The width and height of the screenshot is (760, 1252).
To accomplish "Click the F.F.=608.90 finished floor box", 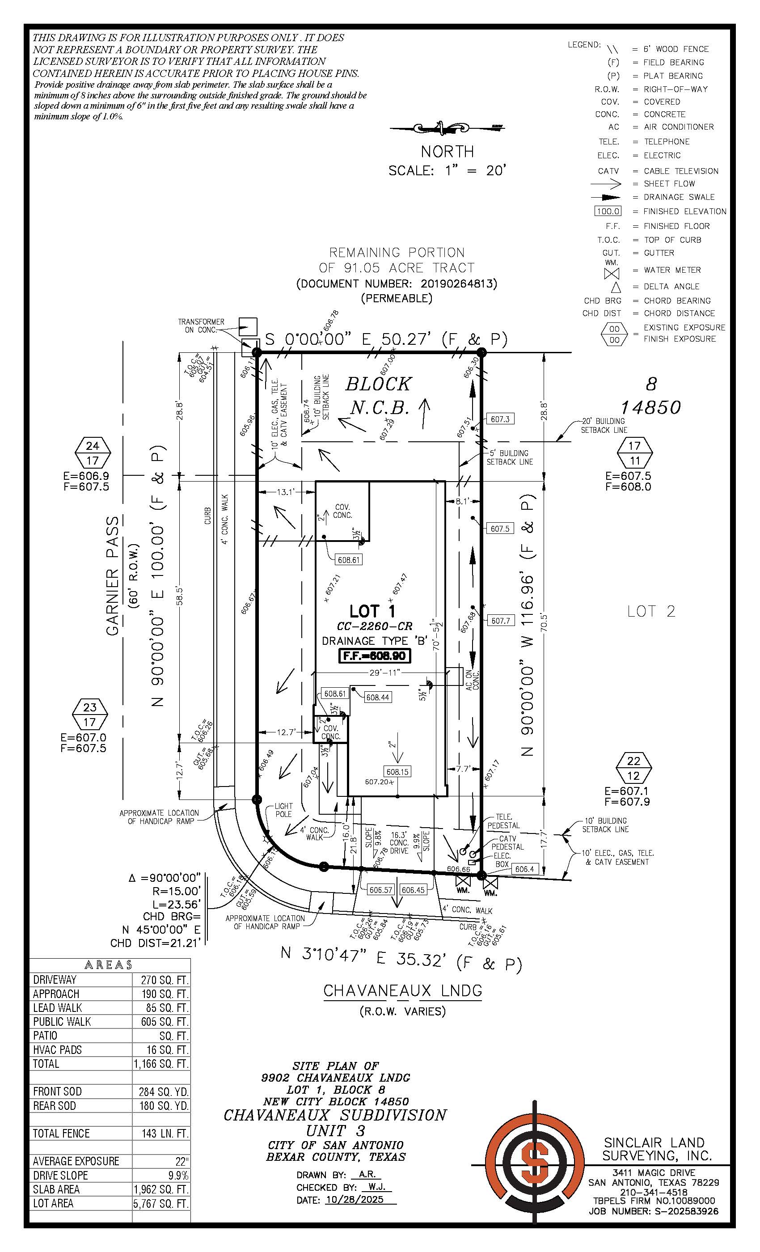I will click(375, 656).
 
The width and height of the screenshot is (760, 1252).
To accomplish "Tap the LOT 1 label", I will click(372, 611).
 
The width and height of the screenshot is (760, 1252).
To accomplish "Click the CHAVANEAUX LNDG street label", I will click(403, 990).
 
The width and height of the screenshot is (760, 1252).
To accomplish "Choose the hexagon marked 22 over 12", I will click(633, 768).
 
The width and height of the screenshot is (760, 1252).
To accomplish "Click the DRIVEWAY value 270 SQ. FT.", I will click(161, 979).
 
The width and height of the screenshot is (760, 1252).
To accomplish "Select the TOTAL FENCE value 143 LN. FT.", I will click(161, 1133).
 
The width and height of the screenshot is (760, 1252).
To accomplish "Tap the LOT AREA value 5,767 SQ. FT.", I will click(160, 1203).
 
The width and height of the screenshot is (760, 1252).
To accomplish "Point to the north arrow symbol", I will click(448, 128).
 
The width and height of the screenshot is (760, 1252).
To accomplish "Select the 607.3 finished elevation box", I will click(500, 419).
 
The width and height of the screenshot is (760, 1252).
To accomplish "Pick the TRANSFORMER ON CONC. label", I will click(201, 326).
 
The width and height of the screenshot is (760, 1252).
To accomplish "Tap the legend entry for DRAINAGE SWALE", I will click(679, 197).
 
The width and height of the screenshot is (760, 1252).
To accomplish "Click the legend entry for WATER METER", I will click(671, 270).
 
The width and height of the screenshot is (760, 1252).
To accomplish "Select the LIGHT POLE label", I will click(283, 809).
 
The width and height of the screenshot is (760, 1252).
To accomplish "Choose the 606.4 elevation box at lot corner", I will click(524, 869).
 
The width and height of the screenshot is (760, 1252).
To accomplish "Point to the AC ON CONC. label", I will click(472, 679).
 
